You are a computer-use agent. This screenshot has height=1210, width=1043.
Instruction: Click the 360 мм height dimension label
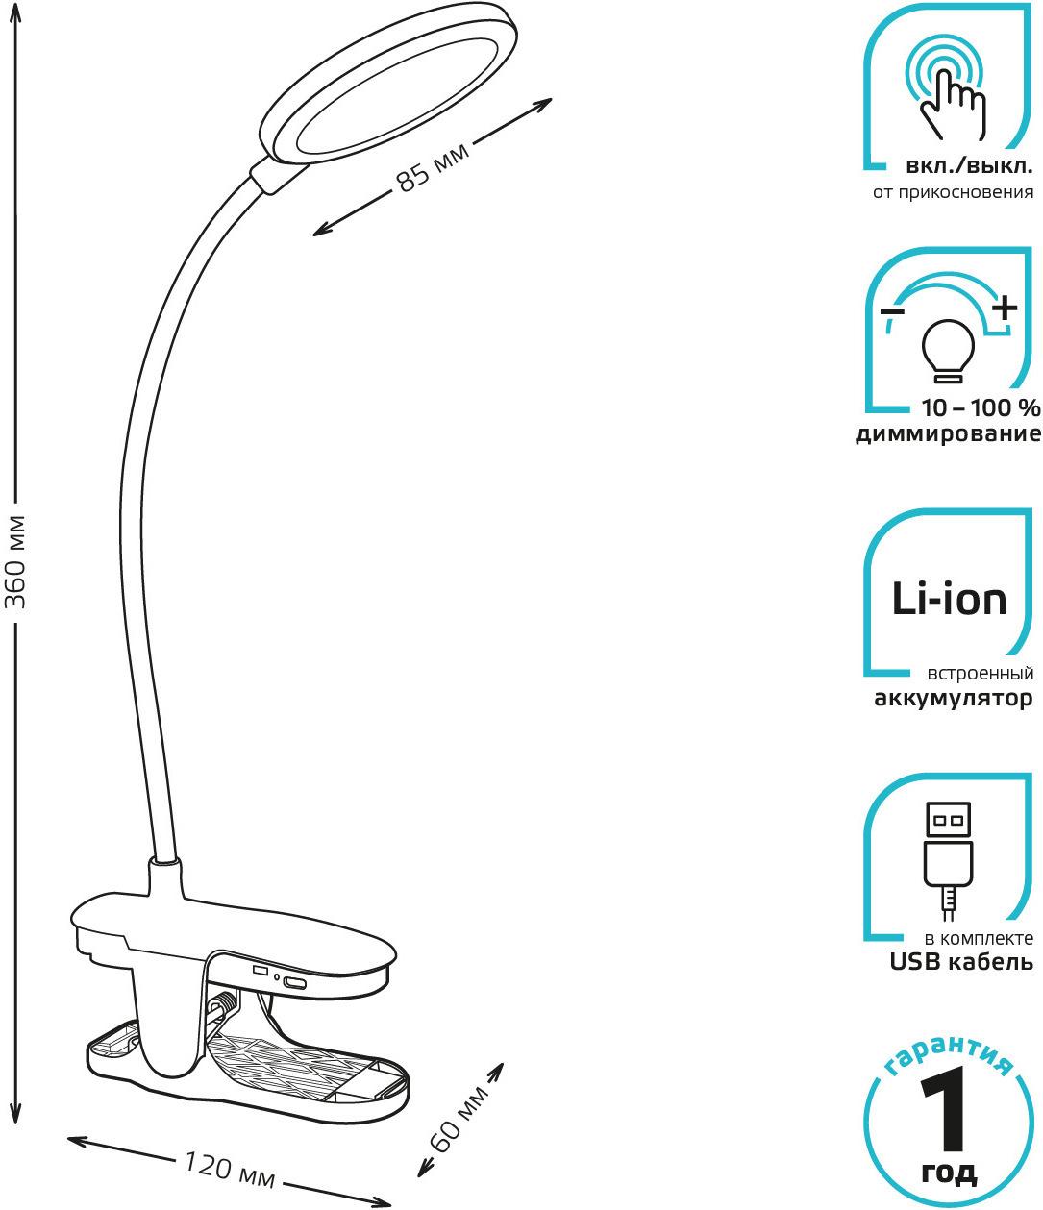pos(14,562)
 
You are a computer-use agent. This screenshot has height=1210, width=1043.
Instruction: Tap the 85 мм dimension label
pos(433,168)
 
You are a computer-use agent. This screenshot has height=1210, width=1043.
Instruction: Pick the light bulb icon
pos(948,351)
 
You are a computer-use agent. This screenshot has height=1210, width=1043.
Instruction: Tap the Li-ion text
pos(949,599)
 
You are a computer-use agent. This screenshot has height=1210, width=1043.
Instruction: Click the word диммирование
pos(949,433)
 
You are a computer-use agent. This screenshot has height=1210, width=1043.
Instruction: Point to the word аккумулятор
pos(953,699)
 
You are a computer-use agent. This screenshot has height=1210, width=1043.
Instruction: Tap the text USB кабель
pos(961,962)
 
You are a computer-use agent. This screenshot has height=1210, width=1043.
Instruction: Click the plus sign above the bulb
pos(1005,307)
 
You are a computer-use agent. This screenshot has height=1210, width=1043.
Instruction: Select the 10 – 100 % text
pos(981,407)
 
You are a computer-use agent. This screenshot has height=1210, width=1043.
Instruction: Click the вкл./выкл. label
pos(969,167)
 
